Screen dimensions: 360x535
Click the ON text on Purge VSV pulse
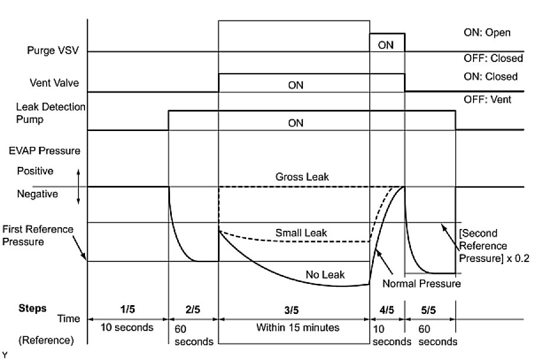(x=386, y=44)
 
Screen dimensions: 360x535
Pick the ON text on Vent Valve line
(x=295, y=85)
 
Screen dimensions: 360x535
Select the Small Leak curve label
(x=301, y=233)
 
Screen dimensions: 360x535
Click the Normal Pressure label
(x=421, y=284)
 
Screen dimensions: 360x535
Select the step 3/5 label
(x=293, y=307)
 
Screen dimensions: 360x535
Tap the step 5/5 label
(x=430, y=307)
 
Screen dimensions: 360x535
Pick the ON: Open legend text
(x=487, y=32)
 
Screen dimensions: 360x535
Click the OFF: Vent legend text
(x=488, y=100)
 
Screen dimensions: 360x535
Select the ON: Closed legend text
(x=490, y=76)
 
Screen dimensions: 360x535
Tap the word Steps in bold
(x=32, y=307)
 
